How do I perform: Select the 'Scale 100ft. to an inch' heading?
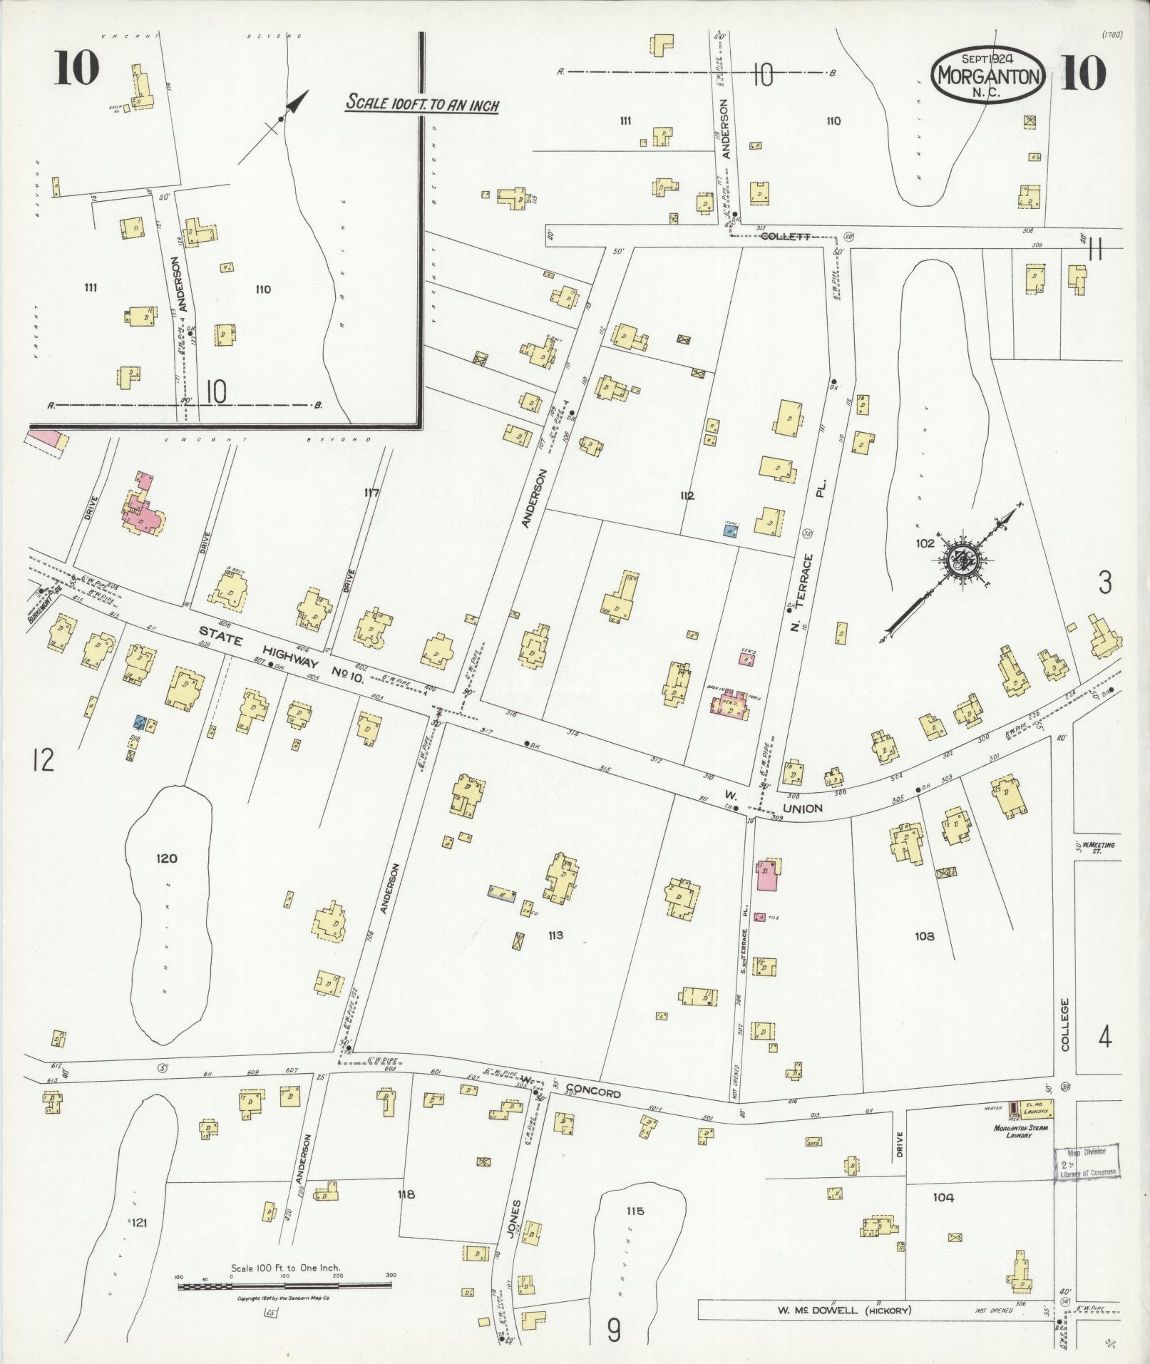coord(422,103)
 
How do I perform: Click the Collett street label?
coord(784,236)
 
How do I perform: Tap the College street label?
coord(1065,1024)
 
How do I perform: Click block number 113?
coord(555,935)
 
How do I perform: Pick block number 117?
coord(371,493)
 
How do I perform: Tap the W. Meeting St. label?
coord(1098,848)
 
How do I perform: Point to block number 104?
coord(943,1198)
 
